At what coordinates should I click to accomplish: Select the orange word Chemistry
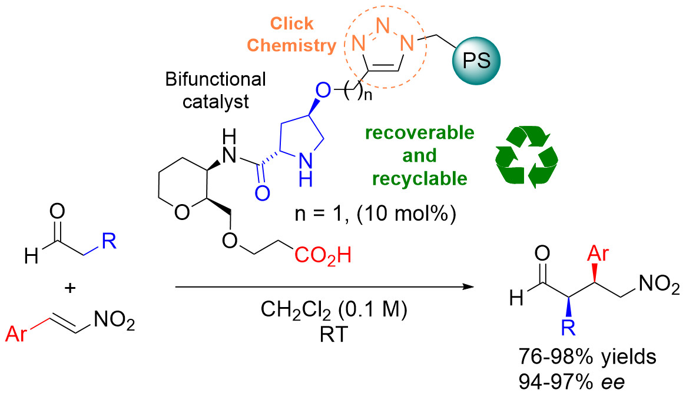(300, 45)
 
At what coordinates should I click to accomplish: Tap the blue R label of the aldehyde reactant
(107, 241)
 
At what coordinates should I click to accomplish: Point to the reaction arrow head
(468, 288)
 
